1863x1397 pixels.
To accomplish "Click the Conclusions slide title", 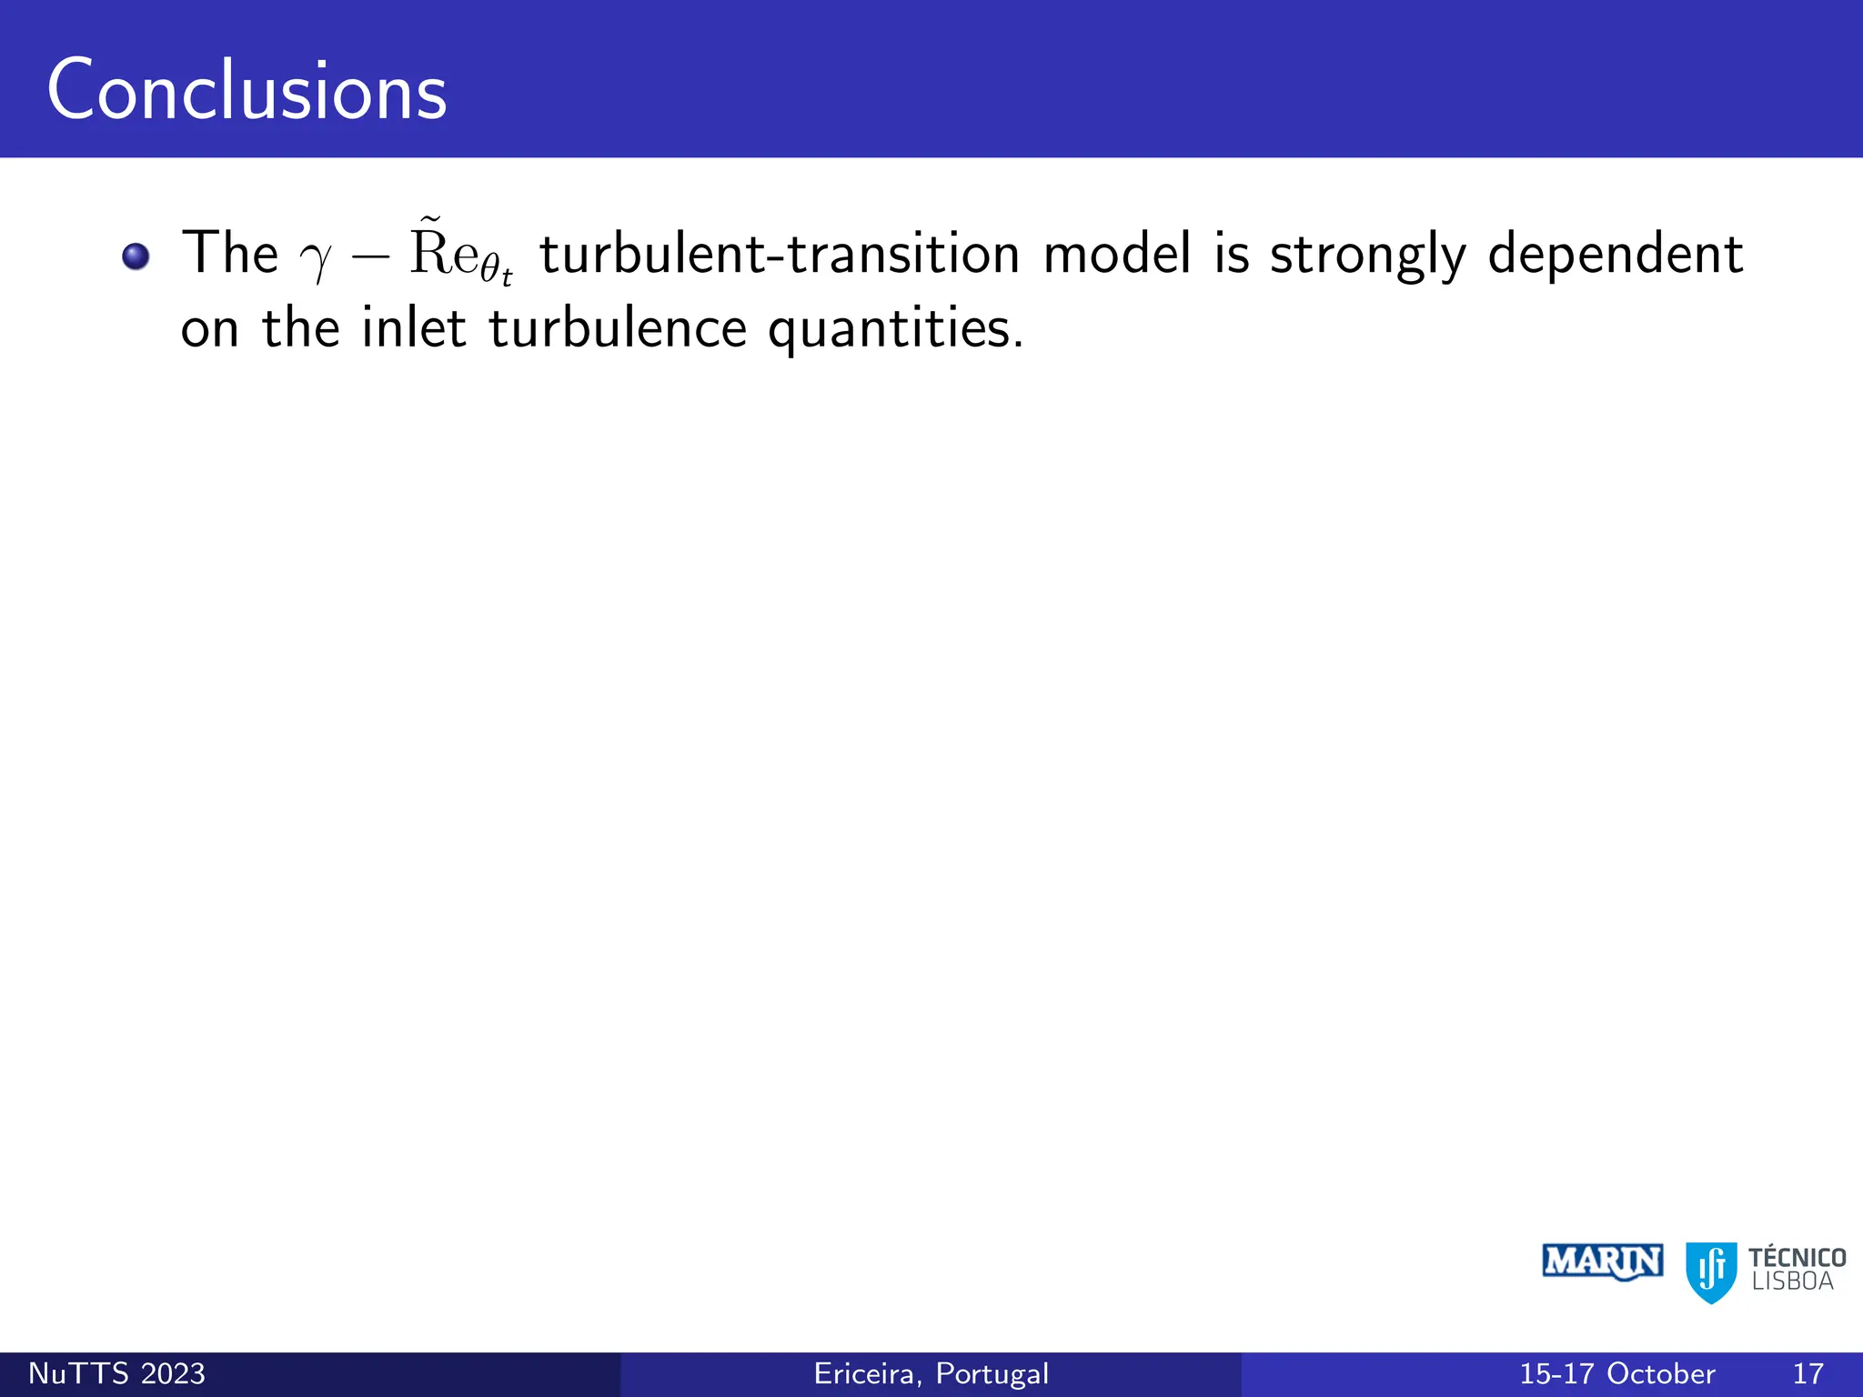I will click(x=247, y=91).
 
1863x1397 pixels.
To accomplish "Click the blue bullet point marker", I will click(x=136, y=256).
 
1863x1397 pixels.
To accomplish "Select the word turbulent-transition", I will click(x=780, y=254).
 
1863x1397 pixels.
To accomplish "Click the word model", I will click(x=1116, y=254).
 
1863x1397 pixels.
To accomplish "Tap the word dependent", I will click(x=1615, y=254).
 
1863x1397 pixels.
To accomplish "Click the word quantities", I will click(x=895, y=329).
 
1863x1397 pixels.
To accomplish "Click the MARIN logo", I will click(x=1603, y=1262).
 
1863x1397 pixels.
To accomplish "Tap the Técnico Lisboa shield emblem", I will click(x=1711, y=1271).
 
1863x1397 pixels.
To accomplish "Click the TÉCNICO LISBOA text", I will click(x=1797, y=1270).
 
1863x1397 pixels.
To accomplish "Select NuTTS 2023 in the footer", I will click(x=117, y=1373).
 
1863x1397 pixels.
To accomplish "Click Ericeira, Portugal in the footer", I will click(x=931, y=1373).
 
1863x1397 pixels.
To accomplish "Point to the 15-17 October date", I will click(x=1617, y=1373).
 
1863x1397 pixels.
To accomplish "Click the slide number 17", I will click(x=1808, y=1373).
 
